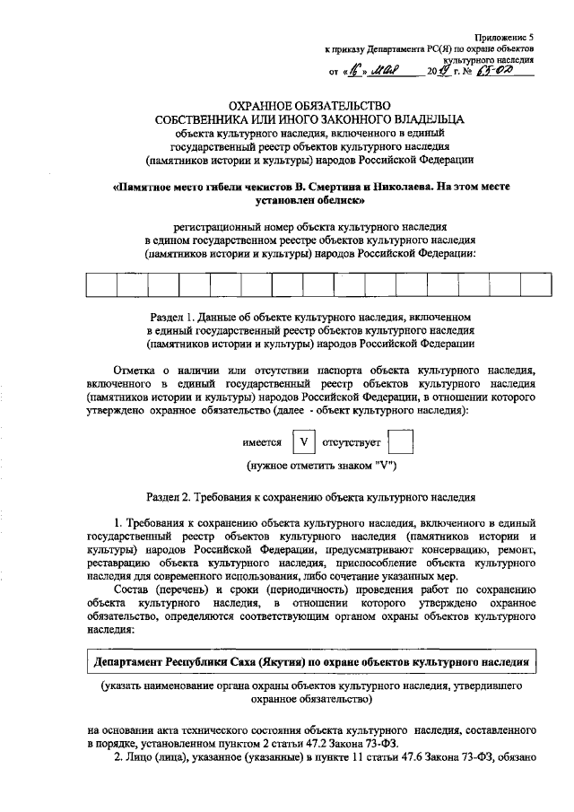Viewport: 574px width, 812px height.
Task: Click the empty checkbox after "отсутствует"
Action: point(404,443)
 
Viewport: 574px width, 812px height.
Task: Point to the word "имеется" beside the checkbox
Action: point(261,443)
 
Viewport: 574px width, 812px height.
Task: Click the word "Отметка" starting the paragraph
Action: point(135,370)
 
